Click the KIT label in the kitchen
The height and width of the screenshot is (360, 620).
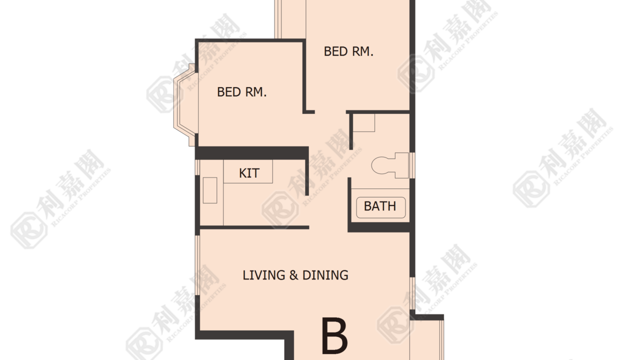coord(249,173)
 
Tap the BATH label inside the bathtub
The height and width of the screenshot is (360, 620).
coord(380,206)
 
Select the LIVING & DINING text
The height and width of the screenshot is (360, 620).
coord(295,275)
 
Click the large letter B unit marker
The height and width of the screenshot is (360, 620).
coord(334,335)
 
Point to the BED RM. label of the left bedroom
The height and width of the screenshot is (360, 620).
coord(241,92)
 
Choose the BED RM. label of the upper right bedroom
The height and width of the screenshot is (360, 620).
coord(348,51)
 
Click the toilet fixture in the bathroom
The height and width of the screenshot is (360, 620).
coord(390,165)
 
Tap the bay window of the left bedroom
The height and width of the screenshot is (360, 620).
coord(185,105)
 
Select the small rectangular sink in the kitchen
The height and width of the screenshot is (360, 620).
coord(210,190)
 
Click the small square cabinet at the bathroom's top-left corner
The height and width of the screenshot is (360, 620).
coord(364,123)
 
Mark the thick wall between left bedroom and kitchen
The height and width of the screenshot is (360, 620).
coord(252,153)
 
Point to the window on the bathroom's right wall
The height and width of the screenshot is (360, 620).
coord(412,165)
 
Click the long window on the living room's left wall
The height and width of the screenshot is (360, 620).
coord(197,265)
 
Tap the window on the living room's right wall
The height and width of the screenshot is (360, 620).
coord(412,293)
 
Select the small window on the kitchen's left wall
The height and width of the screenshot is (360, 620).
coord(197,167)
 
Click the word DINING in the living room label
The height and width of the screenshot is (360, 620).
coord(325,275)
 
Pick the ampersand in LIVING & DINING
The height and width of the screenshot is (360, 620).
coord(293,275)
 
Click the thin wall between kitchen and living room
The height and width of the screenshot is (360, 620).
coord(254,227)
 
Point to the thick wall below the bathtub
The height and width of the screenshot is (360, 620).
coord(378,227)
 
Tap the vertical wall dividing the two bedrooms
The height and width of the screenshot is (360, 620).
coord(304,76)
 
